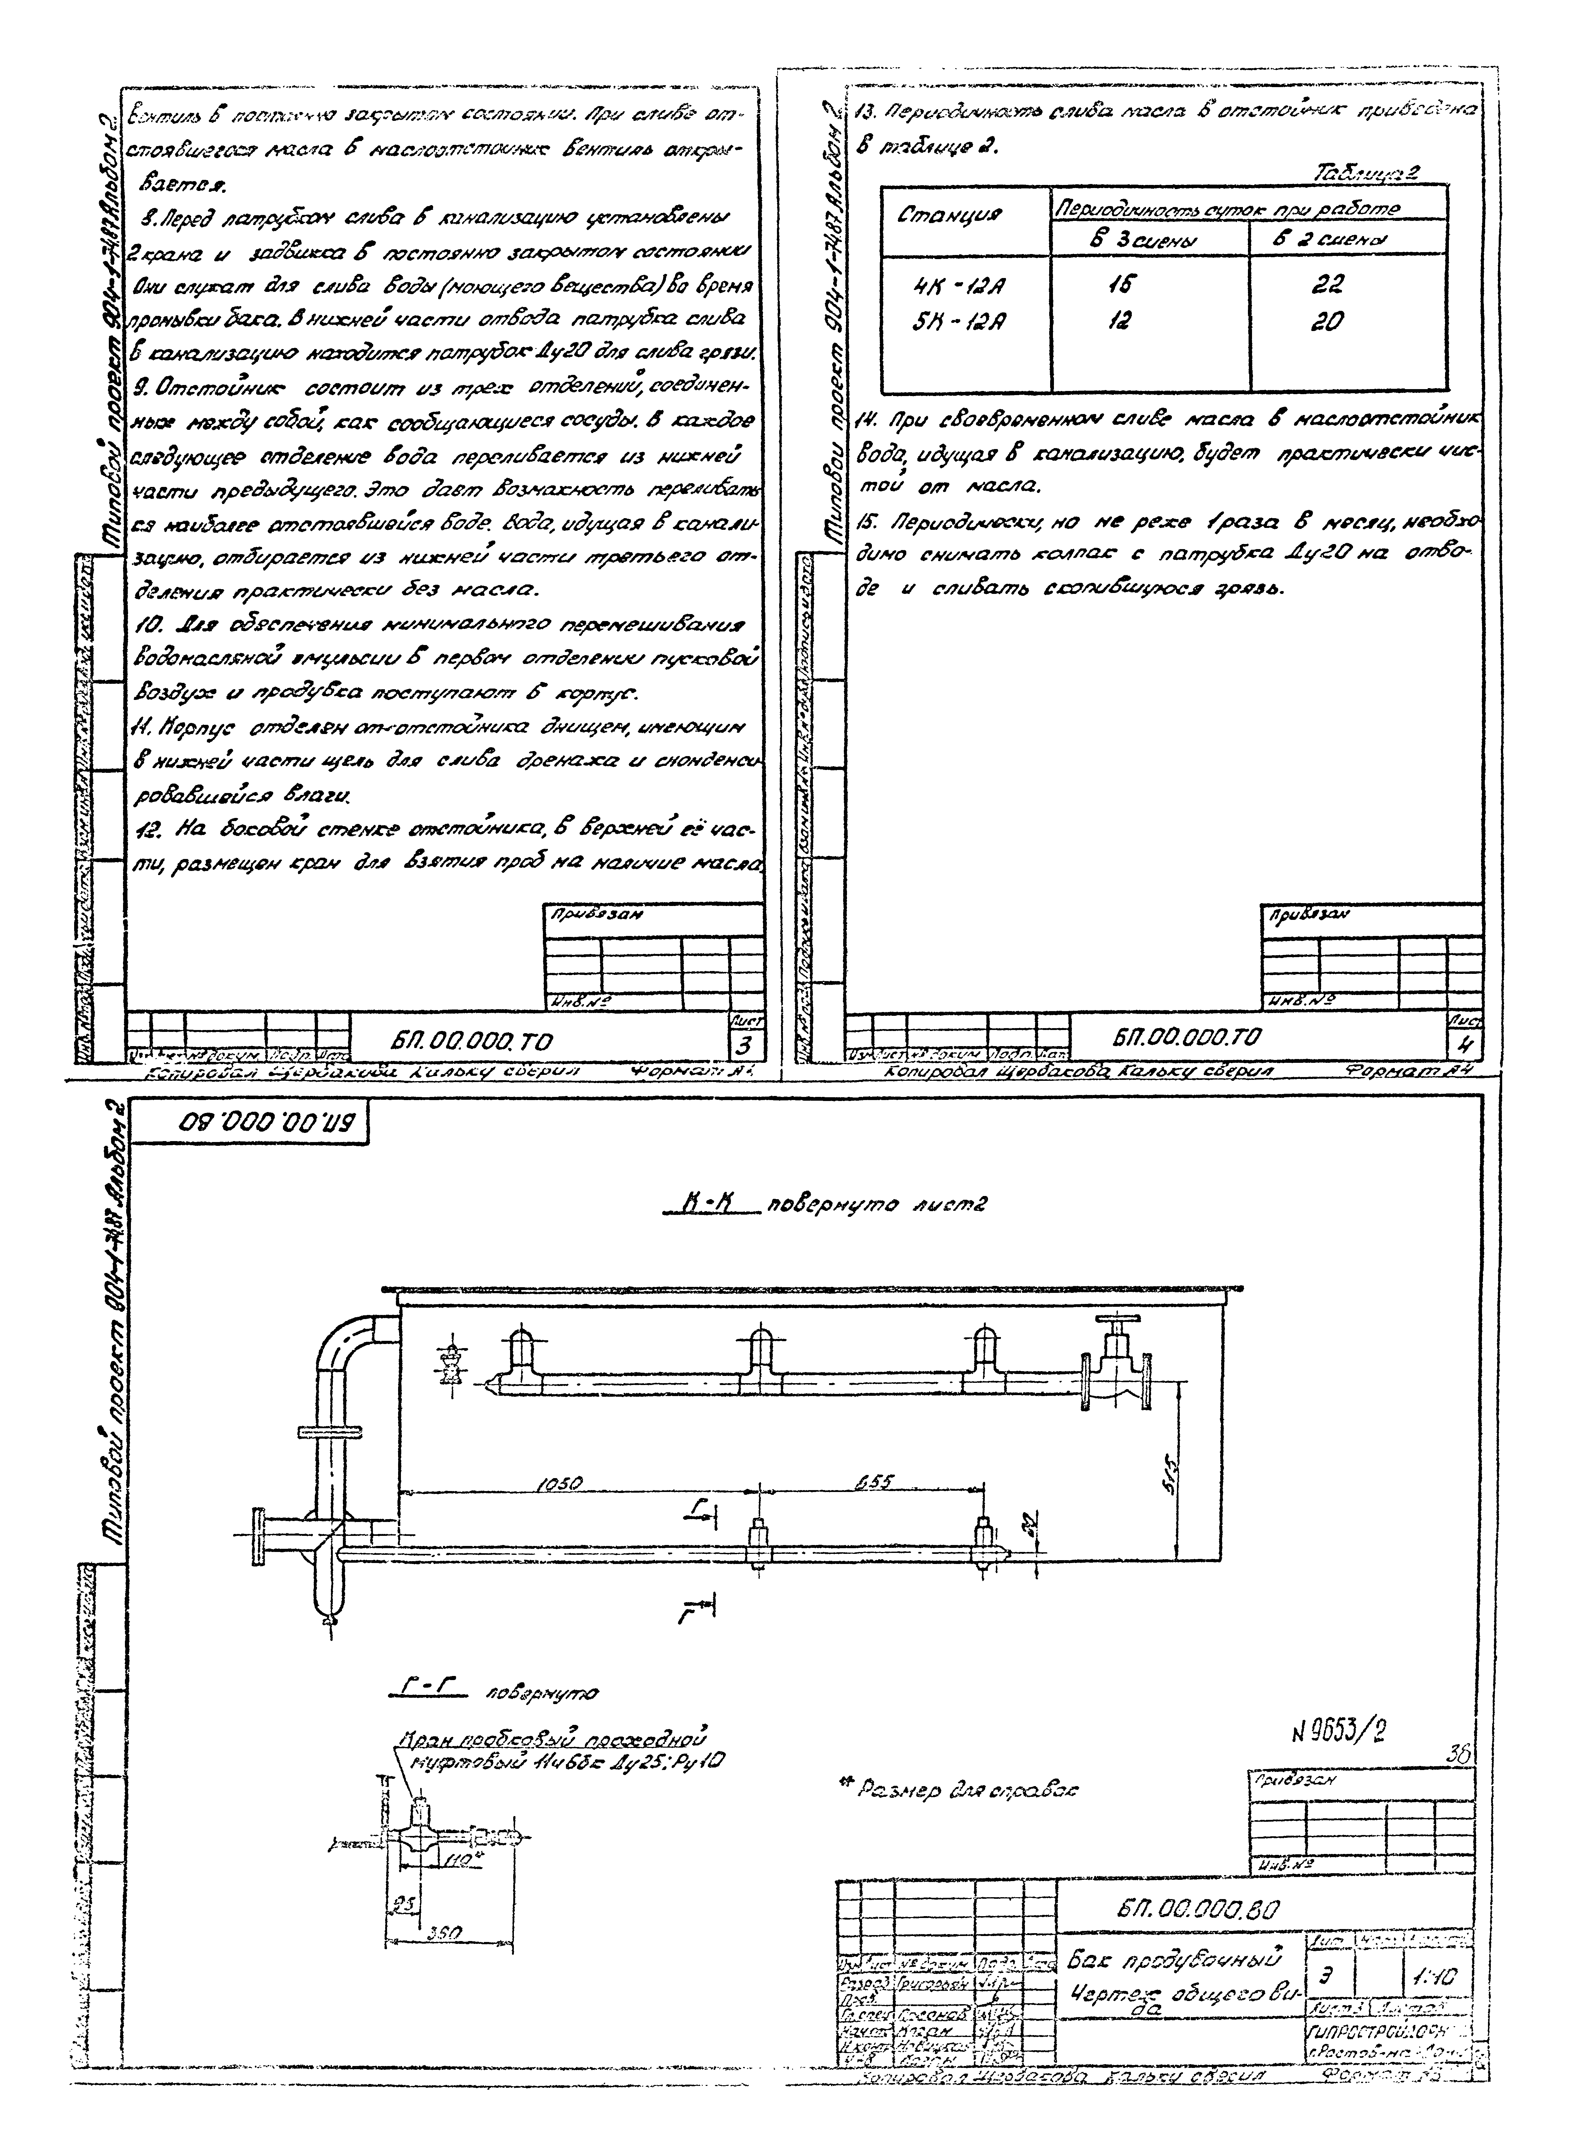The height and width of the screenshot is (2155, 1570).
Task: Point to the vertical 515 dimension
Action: (x=1171, y=1474)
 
